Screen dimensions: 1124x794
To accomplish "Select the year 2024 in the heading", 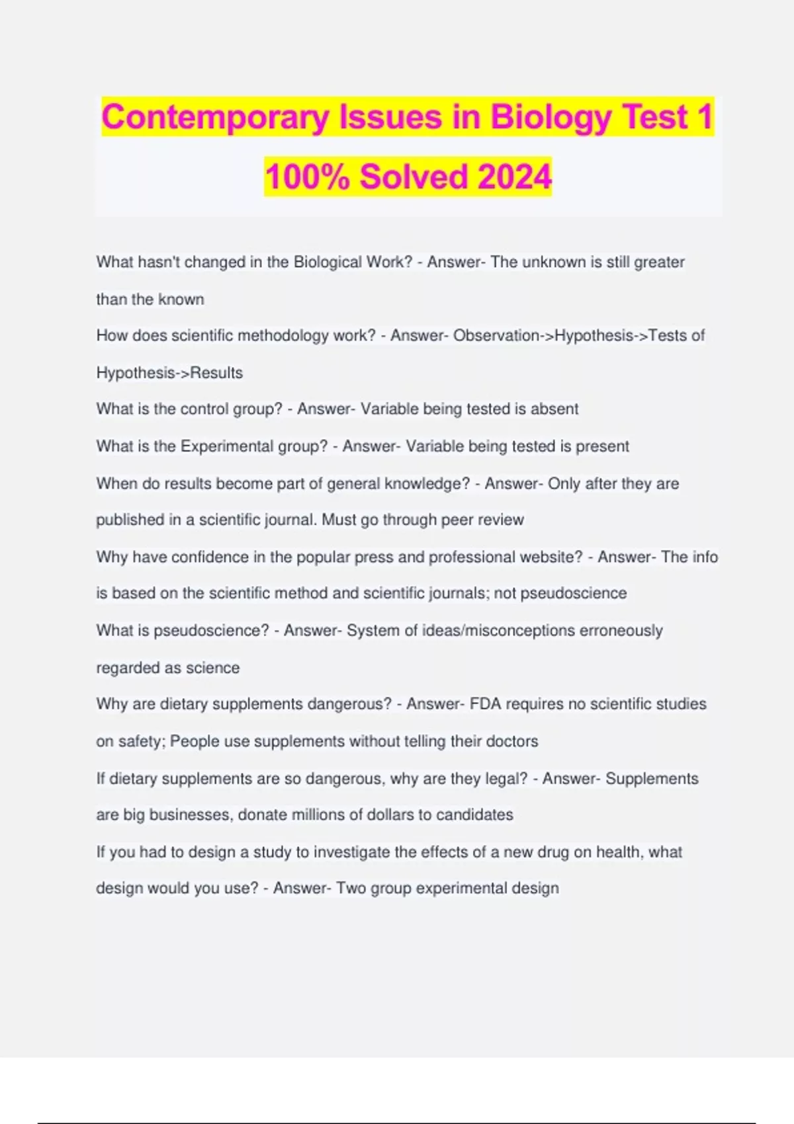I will pyautogui.click(x=513, y=177).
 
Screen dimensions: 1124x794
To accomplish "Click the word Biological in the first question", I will pyautogui.click(x=328, y=262).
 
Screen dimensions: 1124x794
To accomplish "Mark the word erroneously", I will pyautogui.click(x=621, y=630).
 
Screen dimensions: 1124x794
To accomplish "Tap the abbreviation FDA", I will pyautogui.click(x=486, y=704).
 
